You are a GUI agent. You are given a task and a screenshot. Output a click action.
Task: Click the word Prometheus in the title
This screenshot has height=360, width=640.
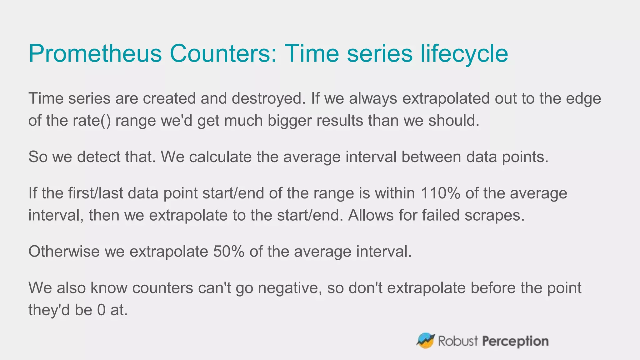95,54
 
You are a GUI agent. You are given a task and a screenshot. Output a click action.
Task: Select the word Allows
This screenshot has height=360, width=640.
371,215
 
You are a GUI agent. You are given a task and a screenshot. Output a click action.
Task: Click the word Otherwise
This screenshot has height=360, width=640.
64,252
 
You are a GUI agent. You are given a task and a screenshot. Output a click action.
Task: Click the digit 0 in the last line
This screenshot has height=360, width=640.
102,310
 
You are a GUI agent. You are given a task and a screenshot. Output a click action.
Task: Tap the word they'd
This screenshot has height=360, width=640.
49,310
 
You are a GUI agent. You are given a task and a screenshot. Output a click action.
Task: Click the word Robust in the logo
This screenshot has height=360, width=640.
458,341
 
